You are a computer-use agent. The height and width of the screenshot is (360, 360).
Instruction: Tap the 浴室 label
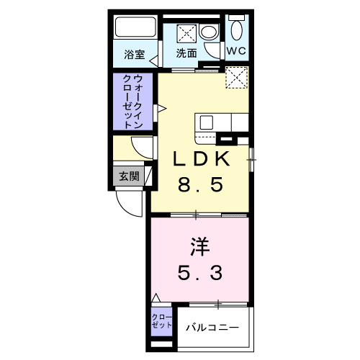tap(133, 53)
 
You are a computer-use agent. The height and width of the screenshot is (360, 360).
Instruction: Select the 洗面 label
tap(187, 53)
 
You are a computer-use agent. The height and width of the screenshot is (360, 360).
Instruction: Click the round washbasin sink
tap(209, 32)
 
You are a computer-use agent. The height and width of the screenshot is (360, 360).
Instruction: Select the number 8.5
tap(201, 184)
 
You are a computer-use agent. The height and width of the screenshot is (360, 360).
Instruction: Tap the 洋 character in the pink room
tap(200, 247)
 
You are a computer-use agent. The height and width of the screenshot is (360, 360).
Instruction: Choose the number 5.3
tap(200, 273)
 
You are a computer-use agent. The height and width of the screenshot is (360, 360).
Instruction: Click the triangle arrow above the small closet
tap(156, 297)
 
